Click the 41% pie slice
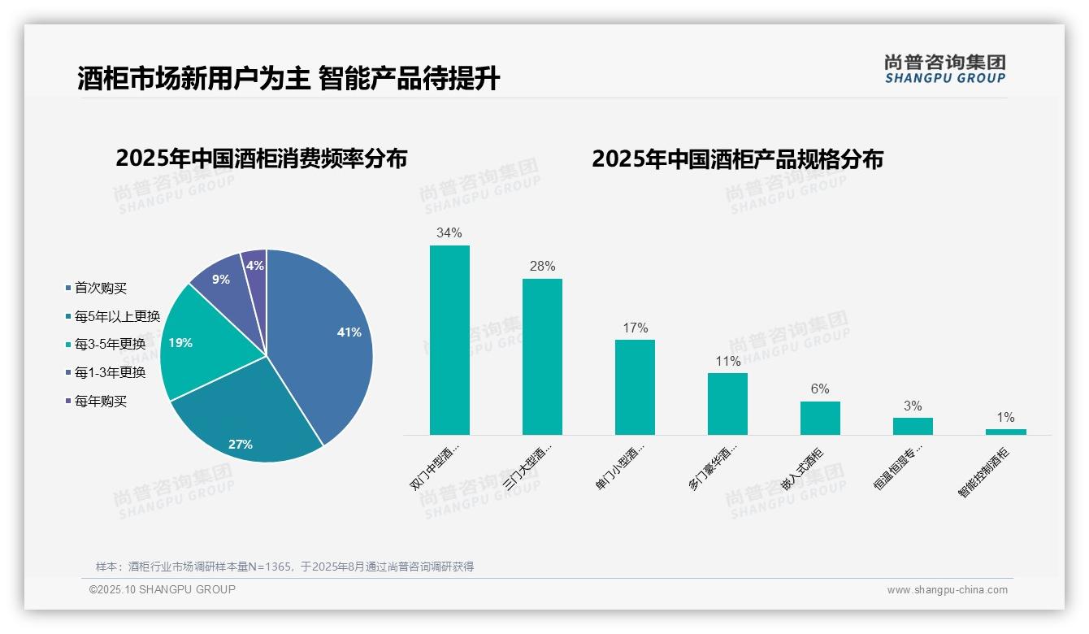325,341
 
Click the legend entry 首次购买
101,288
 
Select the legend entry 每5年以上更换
117,316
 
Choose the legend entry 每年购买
101,401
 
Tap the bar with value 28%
542,357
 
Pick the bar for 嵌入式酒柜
820,418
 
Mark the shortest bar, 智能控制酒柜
1005,432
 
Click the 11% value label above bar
727,361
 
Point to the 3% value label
913,406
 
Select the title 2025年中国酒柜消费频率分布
261,158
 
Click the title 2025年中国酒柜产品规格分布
737,158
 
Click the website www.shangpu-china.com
947,589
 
